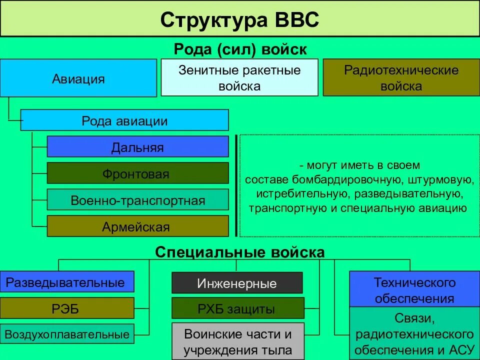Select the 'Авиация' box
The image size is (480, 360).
[x=78, y=78]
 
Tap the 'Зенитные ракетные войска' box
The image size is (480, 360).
[x=239, y=77]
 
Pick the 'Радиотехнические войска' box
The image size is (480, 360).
[x=401, y=77]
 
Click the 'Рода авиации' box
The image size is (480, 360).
[x=124, y=120]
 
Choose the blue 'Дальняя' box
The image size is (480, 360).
[x=137, y=147]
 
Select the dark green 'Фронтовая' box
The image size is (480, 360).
[x=137, y=173]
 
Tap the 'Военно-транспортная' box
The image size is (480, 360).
[x=137, y=200]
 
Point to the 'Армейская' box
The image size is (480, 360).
[x=137, y=226]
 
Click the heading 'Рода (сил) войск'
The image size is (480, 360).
[x=240, y=49]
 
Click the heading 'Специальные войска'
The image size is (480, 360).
[x=240, y=252]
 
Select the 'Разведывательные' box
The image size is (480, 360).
[x=67, y=282]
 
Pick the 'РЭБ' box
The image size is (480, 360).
[x=67, y=308]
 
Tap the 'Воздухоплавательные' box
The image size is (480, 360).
[x=67, y=334]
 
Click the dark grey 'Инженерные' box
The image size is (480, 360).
[x=237, y=283]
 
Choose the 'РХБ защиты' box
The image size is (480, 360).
[x=237, y=308]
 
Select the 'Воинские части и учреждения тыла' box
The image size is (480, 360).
[x=237, y=341]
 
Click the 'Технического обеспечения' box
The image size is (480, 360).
[x=414, y=290]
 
